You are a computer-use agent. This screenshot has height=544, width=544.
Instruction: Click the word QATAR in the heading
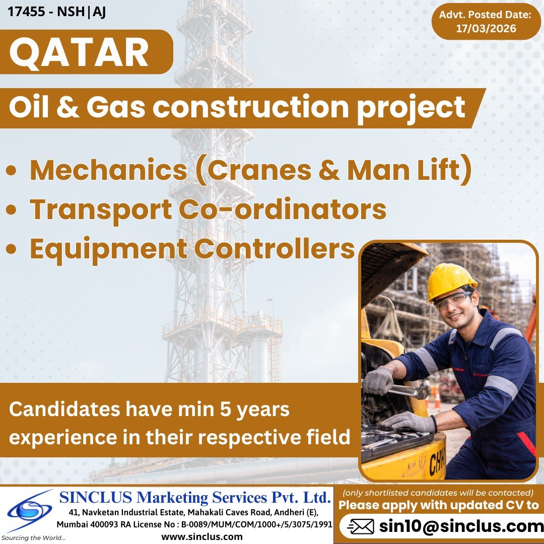pyautogui.click(x=79, y=53)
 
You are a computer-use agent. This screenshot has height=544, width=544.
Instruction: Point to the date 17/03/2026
pyautogui.click(x=486, y=29)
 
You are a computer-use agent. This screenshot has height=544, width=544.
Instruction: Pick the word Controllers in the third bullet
pyautogui.click(x=275, y=248)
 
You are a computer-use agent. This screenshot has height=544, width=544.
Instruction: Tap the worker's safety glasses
pyautogui.click(x=452, y=301)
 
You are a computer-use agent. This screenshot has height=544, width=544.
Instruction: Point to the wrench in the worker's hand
pyautogui.click(x=403, y=389)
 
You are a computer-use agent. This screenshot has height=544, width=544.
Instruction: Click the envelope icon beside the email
pyautogui.click(x=361, y=527)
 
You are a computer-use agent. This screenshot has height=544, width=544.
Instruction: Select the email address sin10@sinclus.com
pyautogui.click(x=461, y=526)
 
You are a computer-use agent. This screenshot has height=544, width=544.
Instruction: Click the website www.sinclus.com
pyautogui.click(x=201, y=537)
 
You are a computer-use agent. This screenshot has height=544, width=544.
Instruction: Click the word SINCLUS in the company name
pyautogui.click(x=96, y=498)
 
